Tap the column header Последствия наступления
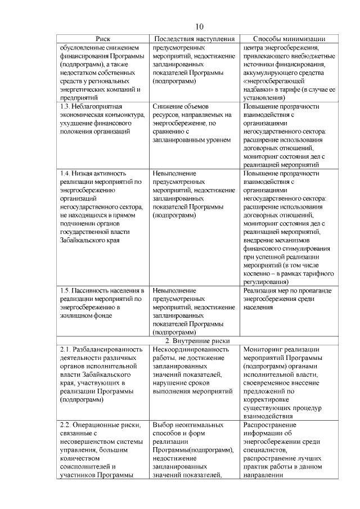coord(194,38)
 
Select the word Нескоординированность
coord(191,349)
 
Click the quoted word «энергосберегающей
coord(275,80)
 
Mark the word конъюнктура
coord(116,114)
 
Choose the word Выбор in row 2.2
coord(163,425)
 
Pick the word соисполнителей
coord(87,467)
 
